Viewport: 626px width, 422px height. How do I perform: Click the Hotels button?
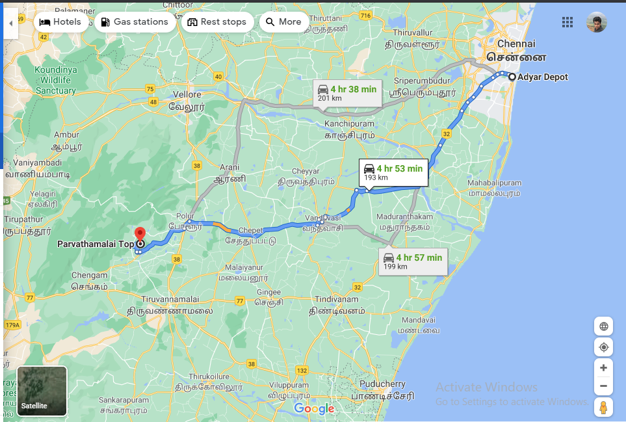(x=60, y=22)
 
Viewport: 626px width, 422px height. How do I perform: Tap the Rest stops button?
(x=216, y=22)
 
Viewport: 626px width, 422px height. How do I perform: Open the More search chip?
(x=283, y=22)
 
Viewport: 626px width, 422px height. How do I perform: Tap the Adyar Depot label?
(x=542, y=77)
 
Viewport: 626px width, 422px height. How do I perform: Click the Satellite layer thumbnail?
(x=42, y=391)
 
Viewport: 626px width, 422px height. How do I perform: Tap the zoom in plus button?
(x=603, y=368)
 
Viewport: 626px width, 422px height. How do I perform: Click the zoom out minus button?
(x=603, y=386)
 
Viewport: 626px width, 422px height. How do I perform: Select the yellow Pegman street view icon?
(x=603, y=408)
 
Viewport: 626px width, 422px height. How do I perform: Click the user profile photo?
(x=596, y=23)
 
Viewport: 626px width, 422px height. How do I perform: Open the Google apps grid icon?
(x=567, y=23)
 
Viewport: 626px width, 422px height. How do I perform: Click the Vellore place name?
(x=187, y=94)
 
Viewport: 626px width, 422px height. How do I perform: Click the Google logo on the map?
(x=314, y=408)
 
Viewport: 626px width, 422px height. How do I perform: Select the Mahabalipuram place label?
(x=494, y=183)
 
